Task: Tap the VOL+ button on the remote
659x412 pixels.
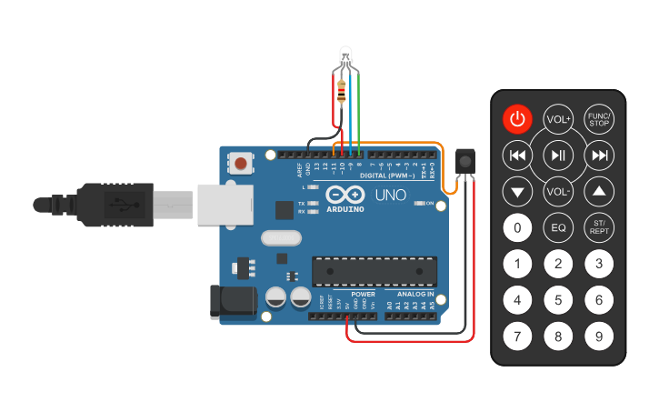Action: click(x=558, y=119)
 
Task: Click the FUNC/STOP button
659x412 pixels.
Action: click(x=598, y=119)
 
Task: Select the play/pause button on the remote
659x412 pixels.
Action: click(x=558, y=156)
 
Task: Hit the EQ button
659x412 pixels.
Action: click(x=558, y=227)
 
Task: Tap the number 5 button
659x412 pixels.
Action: click(x=558, y=299)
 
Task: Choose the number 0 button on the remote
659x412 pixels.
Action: click(x=517, y=227)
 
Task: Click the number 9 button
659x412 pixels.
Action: click(x=598, y=337)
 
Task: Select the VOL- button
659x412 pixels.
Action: click(x=558, y=192)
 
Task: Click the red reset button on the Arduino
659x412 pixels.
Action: click(x=240, y=164)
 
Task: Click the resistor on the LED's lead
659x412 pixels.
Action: click(x=342, y=90)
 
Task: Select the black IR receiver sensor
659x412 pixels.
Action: click(x=466, y=161)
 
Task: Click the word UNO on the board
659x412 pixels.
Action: click(x=391, y=196)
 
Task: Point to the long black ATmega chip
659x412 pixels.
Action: click(x=374, y=271)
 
